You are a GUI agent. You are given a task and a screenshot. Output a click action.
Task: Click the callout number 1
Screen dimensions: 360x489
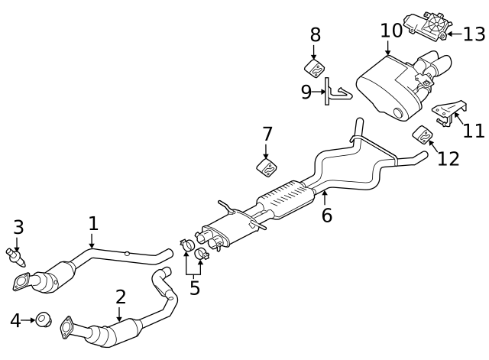[x=93, y=223]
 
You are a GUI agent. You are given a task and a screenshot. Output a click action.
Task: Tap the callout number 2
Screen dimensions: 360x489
[x=120, y=296]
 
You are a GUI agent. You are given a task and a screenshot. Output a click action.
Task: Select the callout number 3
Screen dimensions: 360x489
[x=18, y=227]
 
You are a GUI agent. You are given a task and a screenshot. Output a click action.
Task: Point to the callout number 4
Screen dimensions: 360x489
[x=15, y=320]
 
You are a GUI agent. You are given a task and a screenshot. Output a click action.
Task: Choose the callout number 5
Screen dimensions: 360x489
[x=195, y=288]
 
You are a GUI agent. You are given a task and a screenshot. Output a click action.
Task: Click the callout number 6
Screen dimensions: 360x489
[x=326, y=216]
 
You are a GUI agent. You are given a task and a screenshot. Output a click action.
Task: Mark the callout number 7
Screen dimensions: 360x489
[x=267, y=135]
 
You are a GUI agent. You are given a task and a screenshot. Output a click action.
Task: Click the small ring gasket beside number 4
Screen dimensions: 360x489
[x=43, y=319]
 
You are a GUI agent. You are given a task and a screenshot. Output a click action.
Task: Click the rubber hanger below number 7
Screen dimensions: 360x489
[x=267, y=167]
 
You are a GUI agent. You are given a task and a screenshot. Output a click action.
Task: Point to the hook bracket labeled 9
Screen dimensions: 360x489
[x=336, y=93]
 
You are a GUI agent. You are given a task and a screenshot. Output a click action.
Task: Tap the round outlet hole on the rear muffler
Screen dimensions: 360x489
[x=398, y=114]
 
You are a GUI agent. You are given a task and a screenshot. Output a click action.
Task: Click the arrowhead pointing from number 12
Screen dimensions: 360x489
[x=430, y=144]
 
